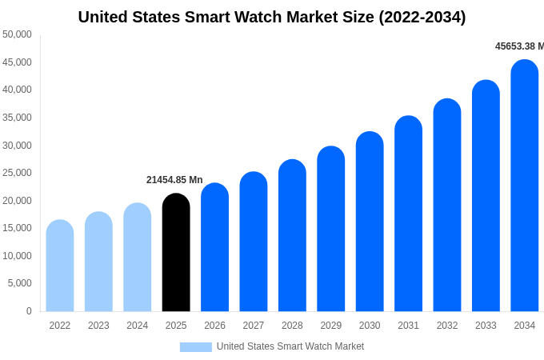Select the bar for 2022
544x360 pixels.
point(60,266)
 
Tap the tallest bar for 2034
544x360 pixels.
point(525,186)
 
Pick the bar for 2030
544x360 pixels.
point(370,222)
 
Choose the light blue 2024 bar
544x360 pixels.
point(138,257)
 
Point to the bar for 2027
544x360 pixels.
point(254,242)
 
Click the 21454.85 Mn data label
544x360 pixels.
point(174,180)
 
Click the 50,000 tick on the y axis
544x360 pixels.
point(17,34)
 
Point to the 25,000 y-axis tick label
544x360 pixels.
point(17,173)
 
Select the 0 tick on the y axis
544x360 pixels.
point(29,311)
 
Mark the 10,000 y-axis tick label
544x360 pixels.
point(17,256)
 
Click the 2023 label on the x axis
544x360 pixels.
point(98,326)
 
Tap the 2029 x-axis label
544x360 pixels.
point(331,326)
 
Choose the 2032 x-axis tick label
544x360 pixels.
point(447,326)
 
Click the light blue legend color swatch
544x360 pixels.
point(196,347)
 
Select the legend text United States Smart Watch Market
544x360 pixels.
point(290,346)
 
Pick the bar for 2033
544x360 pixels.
point(486,196)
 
